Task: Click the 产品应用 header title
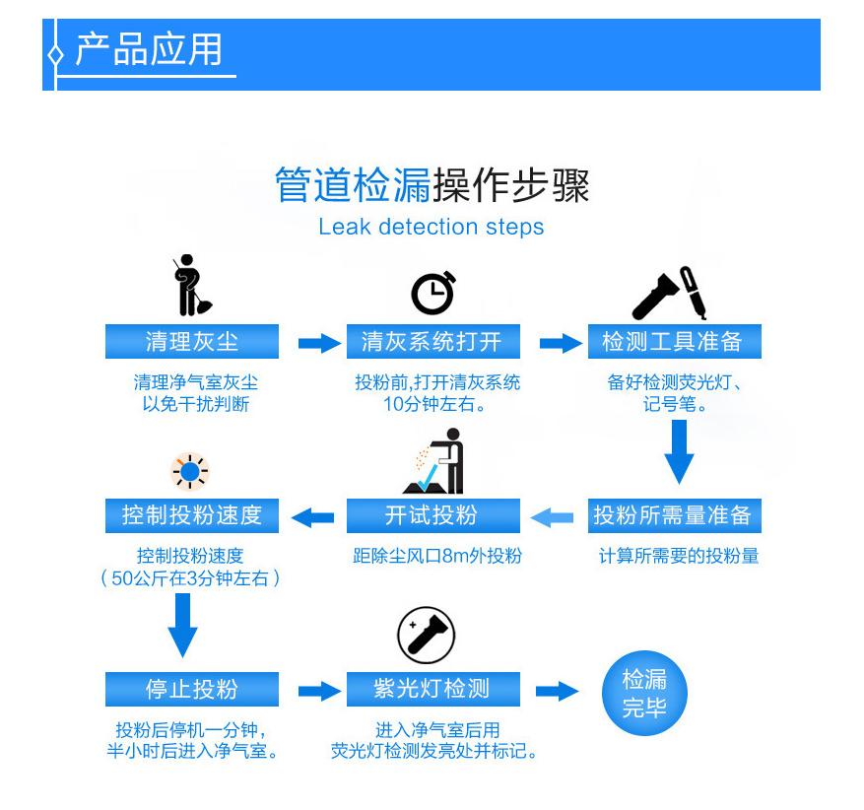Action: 149,49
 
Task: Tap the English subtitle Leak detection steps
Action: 431,227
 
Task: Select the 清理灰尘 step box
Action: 192,342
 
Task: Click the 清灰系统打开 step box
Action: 432,342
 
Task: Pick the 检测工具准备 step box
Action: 674,342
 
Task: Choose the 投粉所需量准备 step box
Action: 674,515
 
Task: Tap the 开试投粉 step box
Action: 432,515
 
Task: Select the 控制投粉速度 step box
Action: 192,515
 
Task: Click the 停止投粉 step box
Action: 192,689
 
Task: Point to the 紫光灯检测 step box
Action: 432,689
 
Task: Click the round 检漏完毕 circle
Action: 644,693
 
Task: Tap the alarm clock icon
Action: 432,293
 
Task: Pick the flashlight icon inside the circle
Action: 427,636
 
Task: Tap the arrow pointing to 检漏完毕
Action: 557,691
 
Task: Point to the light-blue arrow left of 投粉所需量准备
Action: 553,516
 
